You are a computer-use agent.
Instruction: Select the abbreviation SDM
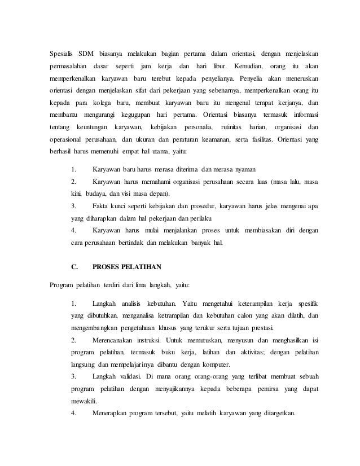point(87,54)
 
